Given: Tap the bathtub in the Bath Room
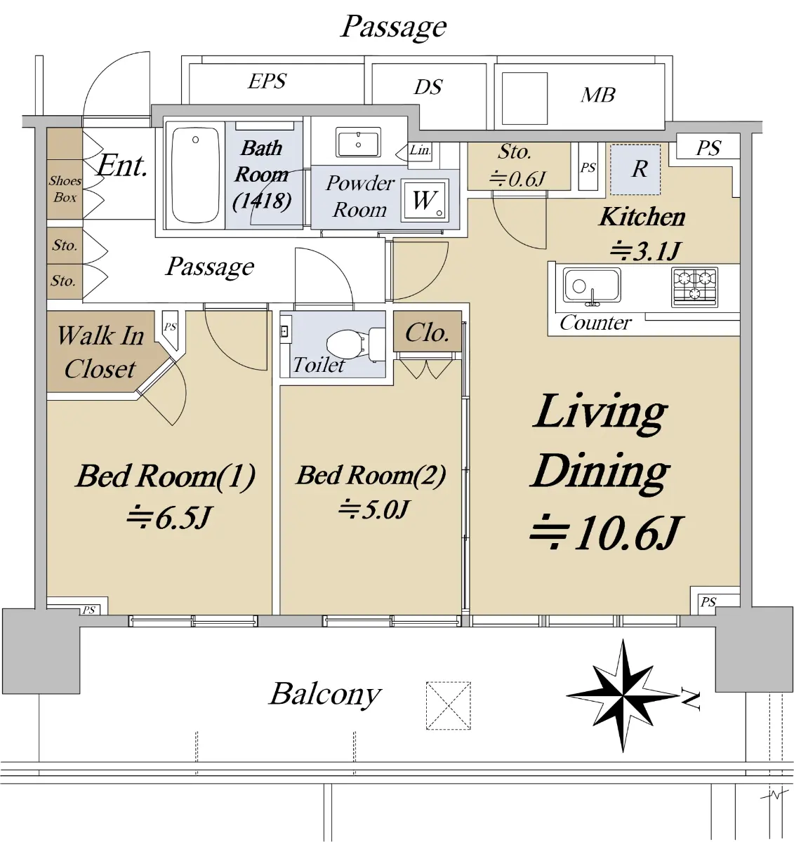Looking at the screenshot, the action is [x=195, y=175].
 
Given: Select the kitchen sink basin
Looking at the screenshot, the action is [x=592, y=285].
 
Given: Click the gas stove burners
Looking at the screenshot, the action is [x=695, y=286].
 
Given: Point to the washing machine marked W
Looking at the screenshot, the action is [x=425, y=201].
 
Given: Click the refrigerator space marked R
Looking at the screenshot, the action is [x=635, y=170].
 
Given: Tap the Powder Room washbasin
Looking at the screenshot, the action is [x=358, y=142].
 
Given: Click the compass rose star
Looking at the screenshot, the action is [x=623, y=696].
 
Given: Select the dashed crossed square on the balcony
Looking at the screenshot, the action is [x=449, y=705].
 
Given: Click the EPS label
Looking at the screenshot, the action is [x=267, y=81].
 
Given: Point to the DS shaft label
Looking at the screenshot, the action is [x=428, y=87].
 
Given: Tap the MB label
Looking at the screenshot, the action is [x=598, y=95].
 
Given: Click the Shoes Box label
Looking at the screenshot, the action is [x=65, y=189].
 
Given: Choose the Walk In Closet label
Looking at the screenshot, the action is [x=100, y=352].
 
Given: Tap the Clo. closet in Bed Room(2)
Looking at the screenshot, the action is [x=427, y=333].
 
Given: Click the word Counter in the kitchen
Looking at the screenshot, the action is [x=595, y=323].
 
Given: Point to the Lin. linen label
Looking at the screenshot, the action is [x=420, y=149].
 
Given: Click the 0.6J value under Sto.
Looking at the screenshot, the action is [x=517, y=179].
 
